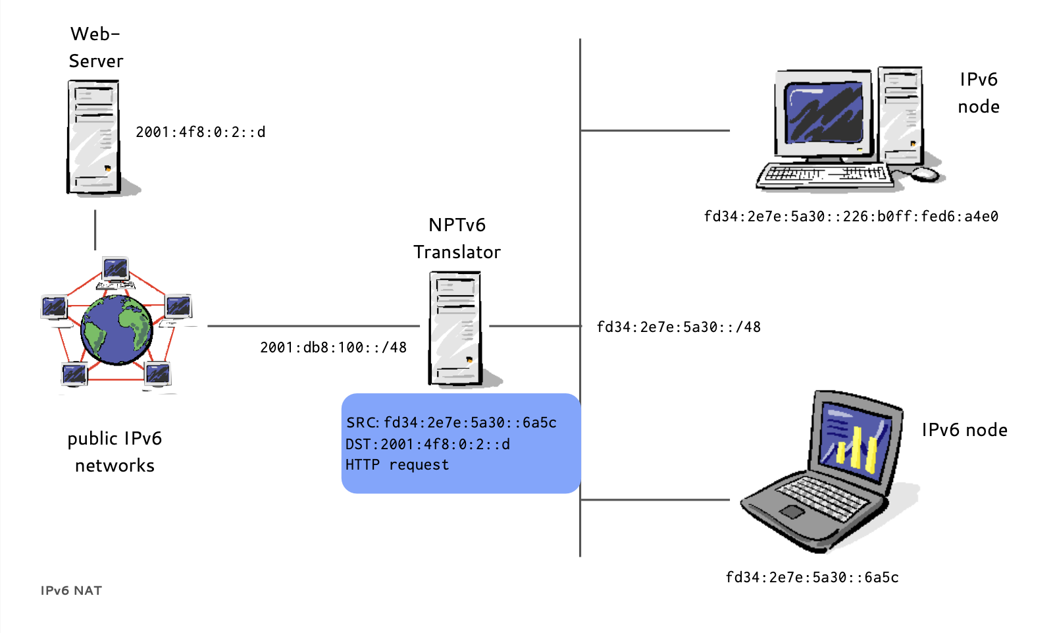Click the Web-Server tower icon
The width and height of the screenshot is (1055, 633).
pyautogui.click(x=93, y=137)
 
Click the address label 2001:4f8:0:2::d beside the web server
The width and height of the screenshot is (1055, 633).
pyautogui.click(x=200, y=132)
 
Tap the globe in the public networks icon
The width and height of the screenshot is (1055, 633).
pyautogui.click(x=116, y=329)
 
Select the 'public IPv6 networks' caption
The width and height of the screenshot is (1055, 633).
pyautogui.click(x=115, y=452)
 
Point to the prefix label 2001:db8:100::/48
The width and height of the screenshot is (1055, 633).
pyautogui.click(x=333, y=348)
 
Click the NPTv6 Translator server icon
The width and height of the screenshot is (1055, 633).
pyautogui.click(x=455, y=328)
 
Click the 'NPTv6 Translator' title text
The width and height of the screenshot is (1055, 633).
pyautogui.click(x=457, y=238)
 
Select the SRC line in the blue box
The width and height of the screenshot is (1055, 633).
pyautogui.click(x=451, y=423)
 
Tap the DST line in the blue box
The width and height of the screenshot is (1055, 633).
pyautogui.click(x=428, y=445)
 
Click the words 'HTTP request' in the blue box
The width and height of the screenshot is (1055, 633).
pyautogui.click(x=397, y=465)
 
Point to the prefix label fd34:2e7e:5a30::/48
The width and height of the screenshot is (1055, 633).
pyautogui.click(x=679, y=327)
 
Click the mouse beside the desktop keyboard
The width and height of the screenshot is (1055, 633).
pyautogui.click(x=925, y=173)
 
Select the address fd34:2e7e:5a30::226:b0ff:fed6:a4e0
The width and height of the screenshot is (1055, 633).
pyautogui.click(x=851, y=217)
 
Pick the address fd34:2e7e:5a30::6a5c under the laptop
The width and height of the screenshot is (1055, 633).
pyautogui.click(x=812, y=578)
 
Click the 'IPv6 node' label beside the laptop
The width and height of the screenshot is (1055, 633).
pyautogui.click(x=964, y=430)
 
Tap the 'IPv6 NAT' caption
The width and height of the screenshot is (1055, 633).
pyautogui.click(x=71, y=591)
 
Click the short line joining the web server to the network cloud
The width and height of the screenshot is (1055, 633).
pyautogui.click(x=95, y=230)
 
